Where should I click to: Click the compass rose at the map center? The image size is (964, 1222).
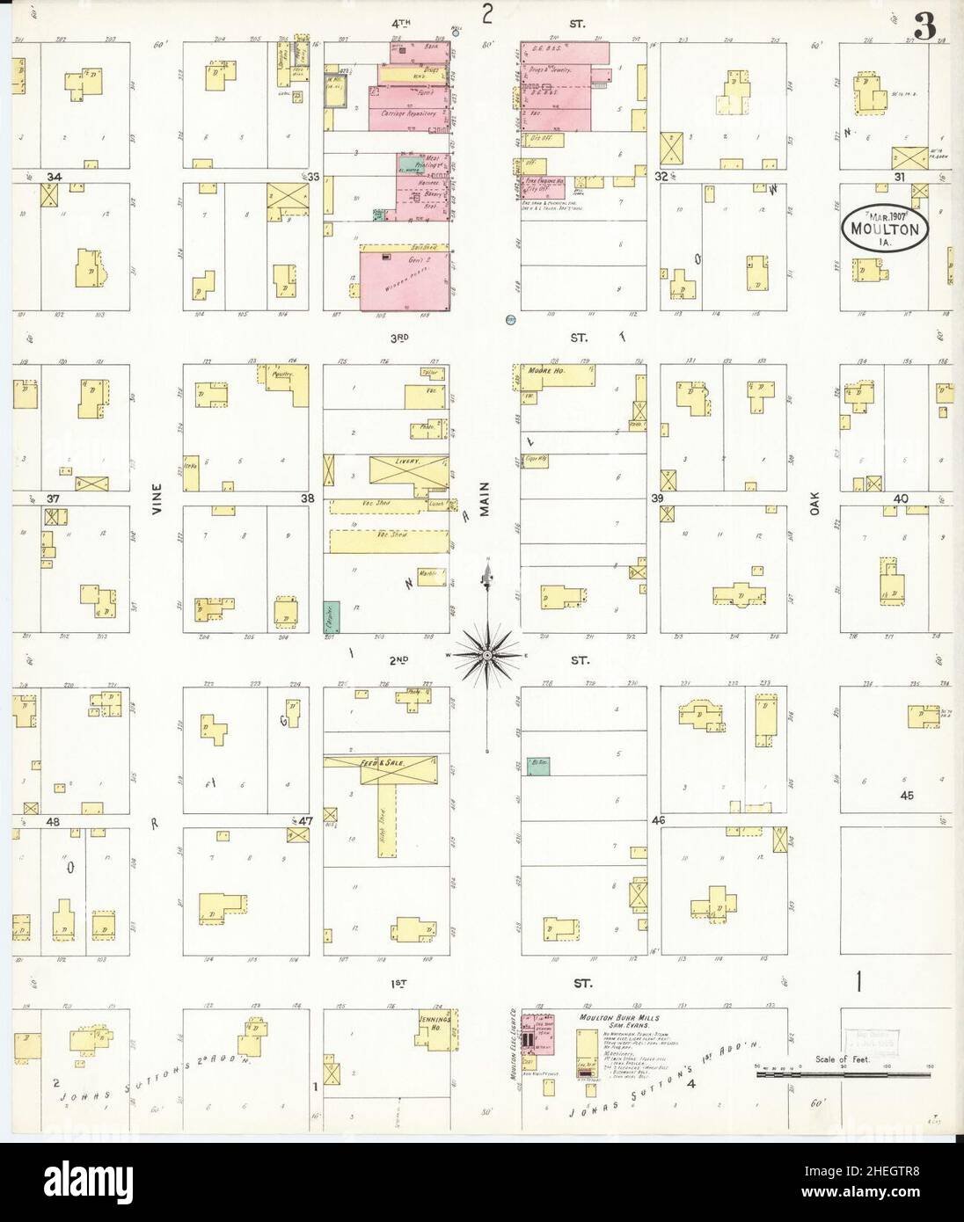(x=486, y=654)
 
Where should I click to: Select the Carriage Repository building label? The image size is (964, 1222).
(x=407, y=114)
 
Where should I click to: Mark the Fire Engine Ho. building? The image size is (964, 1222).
(x=544, y=180)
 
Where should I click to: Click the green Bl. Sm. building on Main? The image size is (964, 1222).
(x=537, y=767)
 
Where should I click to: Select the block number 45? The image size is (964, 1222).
(x=909, y=796)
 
